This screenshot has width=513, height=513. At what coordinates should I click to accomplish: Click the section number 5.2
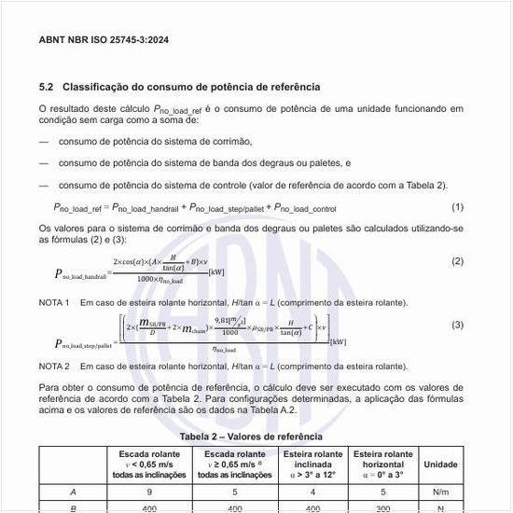(x=47, y=87)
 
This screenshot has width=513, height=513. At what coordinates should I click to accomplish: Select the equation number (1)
(x=457, y=206)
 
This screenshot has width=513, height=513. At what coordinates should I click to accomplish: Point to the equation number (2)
(x=457, y=261)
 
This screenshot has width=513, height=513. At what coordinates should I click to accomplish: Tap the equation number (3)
(x=457, y=325)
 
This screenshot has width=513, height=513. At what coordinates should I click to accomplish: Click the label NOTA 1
(x=54, y=303)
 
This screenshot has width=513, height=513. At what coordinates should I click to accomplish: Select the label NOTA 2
(x=54, y=367)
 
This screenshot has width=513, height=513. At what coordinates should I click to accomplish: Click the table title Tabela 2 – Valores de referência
(x=251, y=436)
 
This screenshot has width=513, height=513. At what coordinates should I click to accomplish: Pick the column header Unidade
(x=440, y=464)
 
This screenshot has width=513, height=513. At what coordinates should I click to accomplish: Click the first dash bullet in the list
(x=44, y=142)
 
